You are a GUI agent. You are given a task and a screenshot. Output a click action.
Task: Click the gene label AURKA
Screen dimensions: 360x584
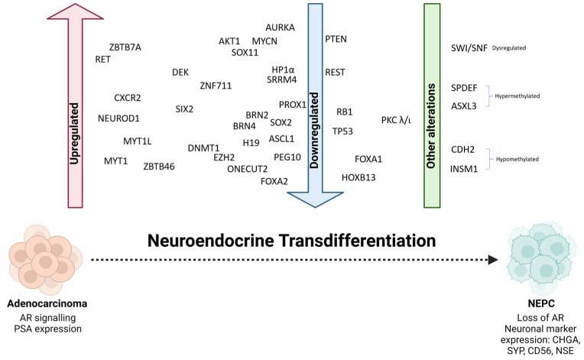coord(280,27)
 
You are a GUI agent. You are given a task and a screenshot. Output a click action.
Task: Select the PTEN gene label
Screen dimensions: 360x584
coord(336,38)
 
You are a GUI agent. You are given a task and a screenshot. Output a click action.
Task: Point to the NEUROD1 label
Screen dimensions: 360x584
coord(119,118)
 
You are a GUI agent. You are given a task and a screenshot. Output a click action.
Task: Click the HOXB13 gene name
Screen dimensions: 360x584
coord(359,177)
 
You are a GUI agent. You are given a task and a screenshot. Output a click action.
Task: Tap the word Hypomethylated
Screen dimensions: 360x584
coord(519,159)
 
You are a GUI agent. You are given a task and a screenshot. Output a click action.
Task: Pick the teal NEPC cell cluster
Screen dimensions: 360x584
coord(540,262)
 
